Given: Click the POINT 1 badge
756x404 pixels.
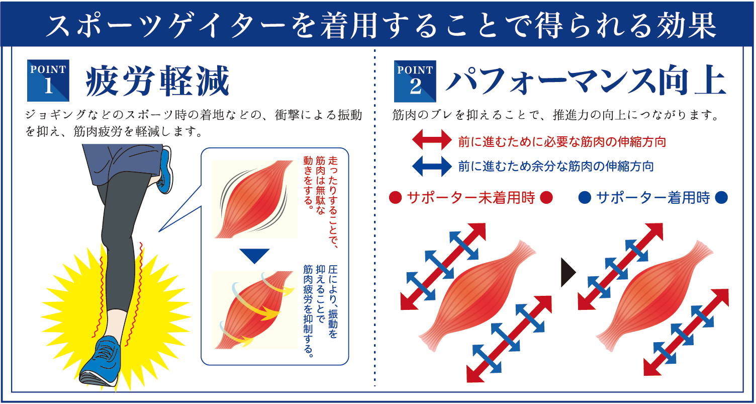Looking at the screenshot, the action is pos(48,80).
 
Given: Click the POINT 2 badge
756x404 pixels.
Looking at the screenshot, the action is pos(415,81).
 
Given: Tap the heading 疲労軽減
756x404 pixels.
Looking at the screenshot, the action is pos(158,81).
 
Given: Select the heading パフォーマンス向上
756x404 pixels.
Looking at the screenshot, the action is pos(586,82).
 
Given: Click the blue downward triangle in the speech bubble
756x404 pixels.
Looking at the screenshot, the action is pos(254,256).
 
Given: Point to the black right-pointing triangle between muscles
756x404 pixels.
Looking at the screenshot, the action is pos(568,272).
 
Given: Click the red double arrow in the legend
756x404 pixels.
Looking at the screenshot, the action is pos(432,140).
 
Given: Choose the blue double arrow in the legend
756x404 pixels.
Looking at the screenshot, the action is pos(432,166).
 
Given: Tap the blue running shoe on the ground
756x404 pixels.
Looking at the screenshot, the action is pos(101,361).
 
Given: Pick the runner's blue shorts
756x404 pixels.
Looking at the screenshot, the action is pos(123,162).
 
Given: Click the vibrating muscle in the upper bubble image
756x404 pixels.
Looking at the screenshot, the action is pos(254,199).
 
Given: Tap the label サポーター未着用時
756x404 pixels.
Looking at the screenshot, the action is pos(471,198).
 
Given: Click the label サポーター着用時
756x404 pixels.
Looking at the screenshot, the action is pos(653,198).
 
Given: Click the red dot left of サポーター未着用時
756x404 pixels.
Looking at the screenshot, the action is pos(395,198).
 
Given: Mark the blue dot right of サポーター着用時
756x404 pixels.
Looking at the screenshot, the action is pos(721,198).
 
